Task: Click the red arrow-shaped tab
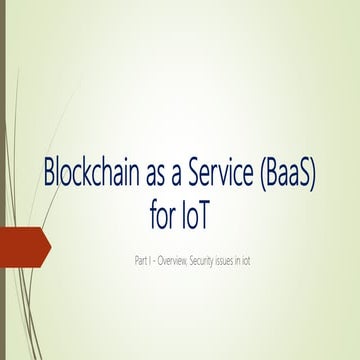click(20, 246)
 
